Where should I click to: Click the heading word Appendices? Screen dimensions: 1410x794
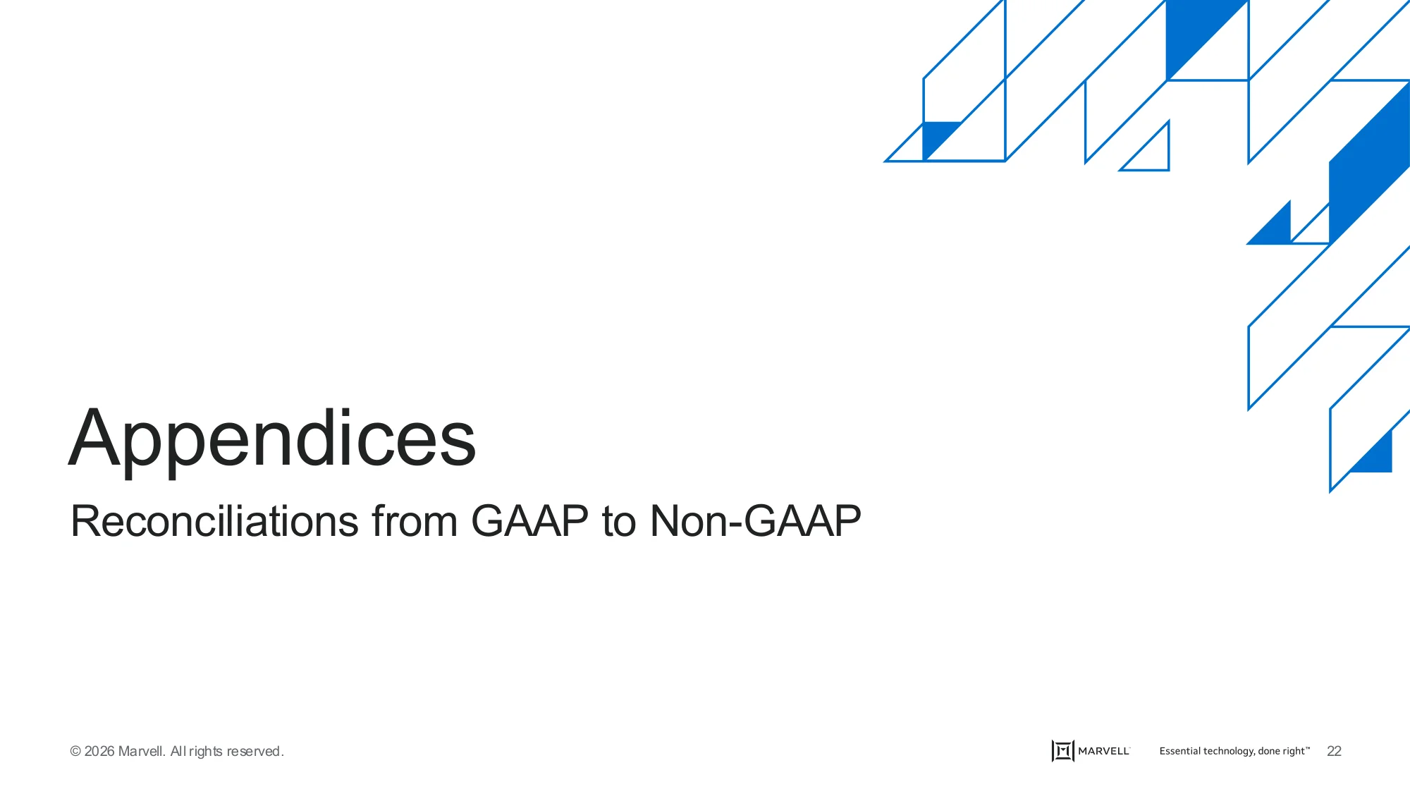click(272, 439)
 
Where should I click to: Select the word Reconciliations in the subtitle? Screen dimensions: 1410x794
click(215, 521)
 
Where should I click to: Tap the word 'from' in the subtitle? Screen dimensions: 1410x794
click(415, 521)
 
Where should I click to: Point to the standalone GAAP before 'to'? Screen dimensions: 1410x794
click(529, 521)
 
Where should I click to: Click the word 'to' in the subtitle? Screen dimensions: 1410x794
click(619, 523)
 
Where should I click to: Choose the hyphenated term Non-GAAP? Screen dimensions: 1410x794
click(755, 521)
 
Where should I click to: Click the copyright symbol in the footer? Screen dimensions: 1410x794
click(75, 752)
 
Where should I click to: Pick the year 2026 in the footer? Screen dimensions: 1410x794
click(99, 752)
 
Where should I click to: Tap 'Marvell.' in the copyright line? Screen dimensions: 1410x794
click(142, 752)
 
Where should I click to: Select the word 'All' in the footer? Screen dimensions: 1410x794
click(178, 752)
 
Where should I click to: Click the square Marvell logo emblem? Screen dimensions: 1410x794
click(1062, 751)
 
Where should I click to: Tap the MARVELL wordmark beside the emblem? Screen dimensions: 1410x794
click(1104, 751)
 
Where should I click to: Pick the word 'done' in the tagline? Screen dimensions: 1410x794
click(1269, 751)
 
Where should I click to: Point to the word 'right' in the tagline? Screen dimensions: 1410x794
click(1294, 752)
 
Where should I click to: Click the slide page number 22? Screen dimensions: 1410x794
click(1334, 752)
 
